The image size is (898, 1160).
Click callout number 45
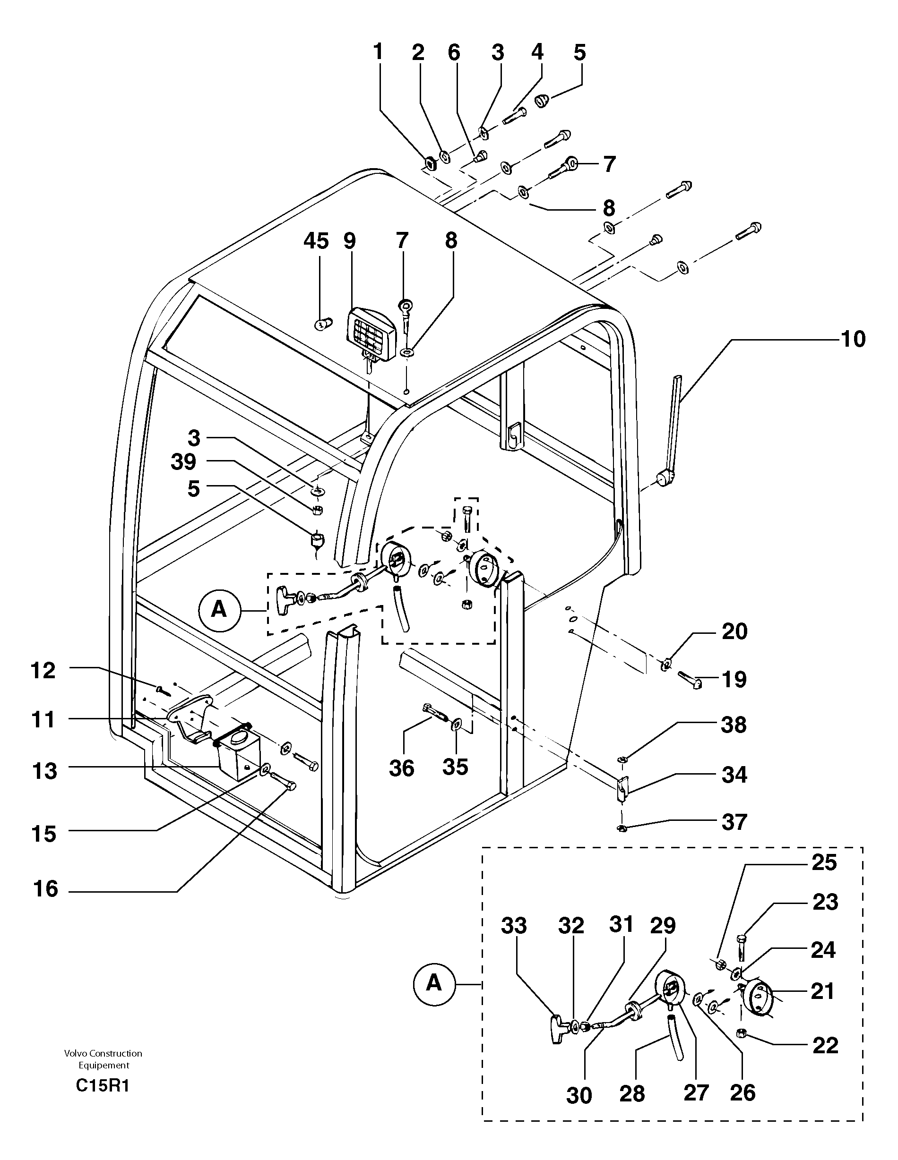(x=316, y=241)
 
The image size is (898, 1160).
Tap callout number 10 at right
(x=853, y=339)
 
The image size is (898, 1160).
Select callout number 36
(x=401, y=768)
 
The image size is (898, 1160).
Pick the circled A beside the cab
(x=219, y=610)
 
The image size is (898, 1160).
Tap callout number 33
(x=513, y=926)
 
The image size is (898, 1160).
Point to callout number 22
(x=825, y=1045)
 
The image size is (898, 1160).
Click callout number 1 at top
(x=378, y=52)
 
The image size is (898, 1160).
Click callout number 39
(x=183, y=461)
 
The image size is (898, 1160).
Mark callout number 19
(x=734, y=679)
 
